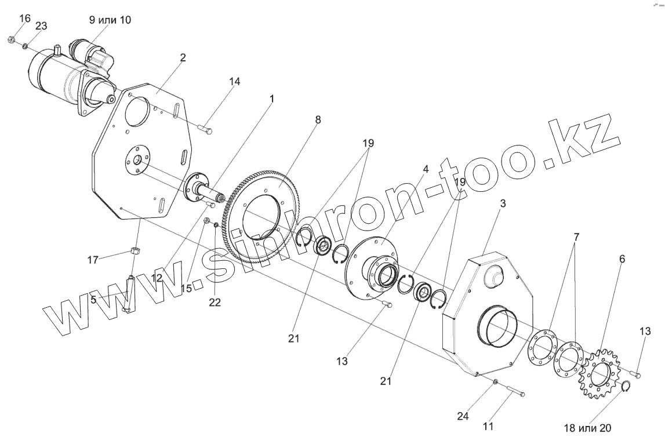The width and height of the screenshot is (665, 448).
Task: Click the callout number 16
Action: click(25, 19)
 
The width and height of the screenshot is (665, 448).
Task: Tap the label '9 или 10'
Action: click(110, 20)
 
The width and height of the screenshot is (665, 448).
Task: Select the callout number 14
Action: click(234, 82)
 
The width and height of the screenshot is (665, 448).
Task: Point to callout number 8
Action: click(318, 119)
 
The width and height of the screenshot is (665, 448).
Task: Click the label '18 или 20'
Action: click(587, 429)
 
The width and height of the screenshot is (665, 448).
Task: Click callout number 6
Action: click(622, 260)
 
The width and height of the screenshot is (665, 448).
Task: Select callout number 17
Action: click(92, 261)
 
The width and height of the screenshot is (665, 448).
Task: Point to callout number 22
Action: click(215, 303)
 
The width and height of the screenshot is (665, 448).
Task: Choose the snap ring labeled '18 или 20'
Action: click(626, 387)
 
